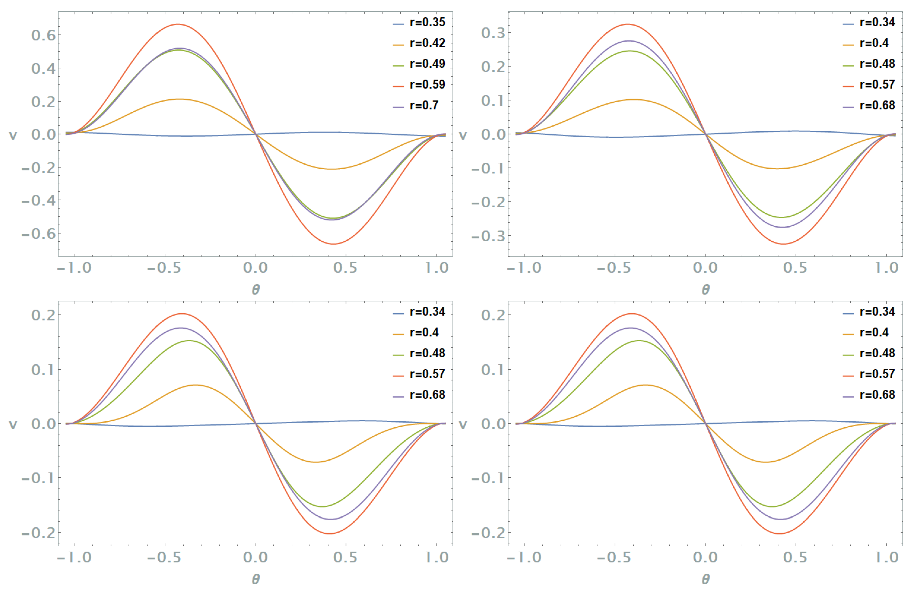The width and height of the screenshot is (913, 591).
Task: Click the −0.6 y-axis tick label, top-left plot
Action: click(38, 234)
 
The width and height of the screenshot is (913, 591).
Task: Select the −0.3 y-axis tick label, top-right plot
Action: click(488, 236)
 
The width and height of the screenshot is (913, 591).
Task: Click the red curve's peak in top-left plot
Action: click(178, 24)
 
